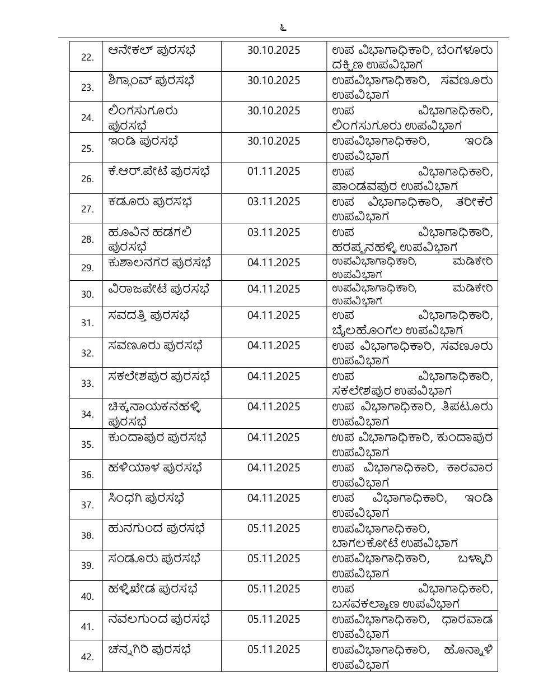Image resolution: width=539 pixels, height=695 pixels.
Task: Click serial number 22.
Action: click(87, 57)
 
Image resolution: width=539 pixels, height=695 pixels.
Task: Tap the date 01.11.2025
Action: click(274, 172)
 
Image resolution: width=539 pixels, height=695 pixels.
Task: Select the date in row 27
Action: click(274, 202)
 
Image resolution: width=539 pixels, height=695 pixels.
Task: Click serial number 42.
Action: click(87, 657)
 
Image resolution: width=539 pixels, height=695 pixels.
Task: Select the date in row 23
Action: click(274, 81)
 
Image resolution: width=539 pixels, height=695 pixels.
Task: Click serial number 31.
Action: click(87, 323)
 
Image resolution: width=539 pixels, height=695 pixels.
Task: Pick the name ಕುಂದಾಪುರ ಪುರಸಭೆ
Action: click(158, 437)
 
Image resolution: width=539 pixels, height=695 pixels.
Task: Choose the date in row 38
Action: click(274, 529)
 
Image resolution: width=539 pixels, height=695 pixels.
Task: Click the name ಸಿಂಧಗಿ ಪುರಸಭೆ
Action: click(146, 498)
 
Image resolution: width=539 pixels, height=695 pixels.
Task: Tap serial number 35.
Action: click(87, 444)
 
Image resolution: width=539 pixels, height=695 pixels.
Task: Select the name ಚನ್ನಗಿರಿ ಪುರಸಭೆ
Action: click(150, 650)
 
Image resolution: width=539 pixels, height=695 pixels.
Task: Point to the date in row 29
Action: click(274, 263)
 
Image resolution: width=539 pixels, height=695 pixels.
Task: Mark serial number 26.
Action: click(87, 179)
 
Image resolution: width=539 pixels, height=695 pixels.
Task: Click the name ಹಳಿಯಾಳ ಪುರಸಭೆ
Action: click(154, 467)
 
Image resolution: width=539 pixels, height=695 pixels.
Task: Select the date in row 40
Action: click(274, 589)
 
